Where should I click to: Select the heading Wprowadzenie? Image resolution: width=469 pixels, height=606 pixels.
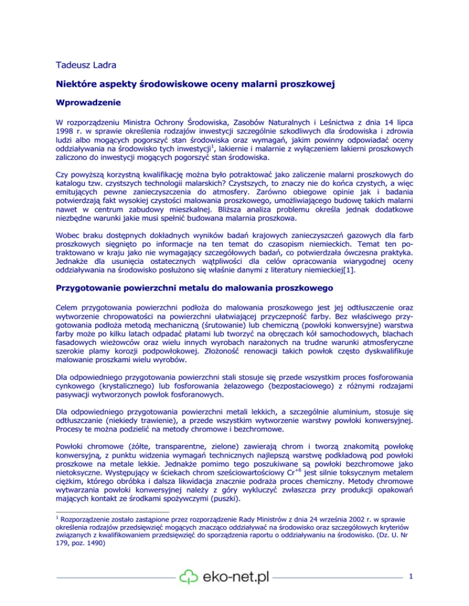click(x=89, y=106)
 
